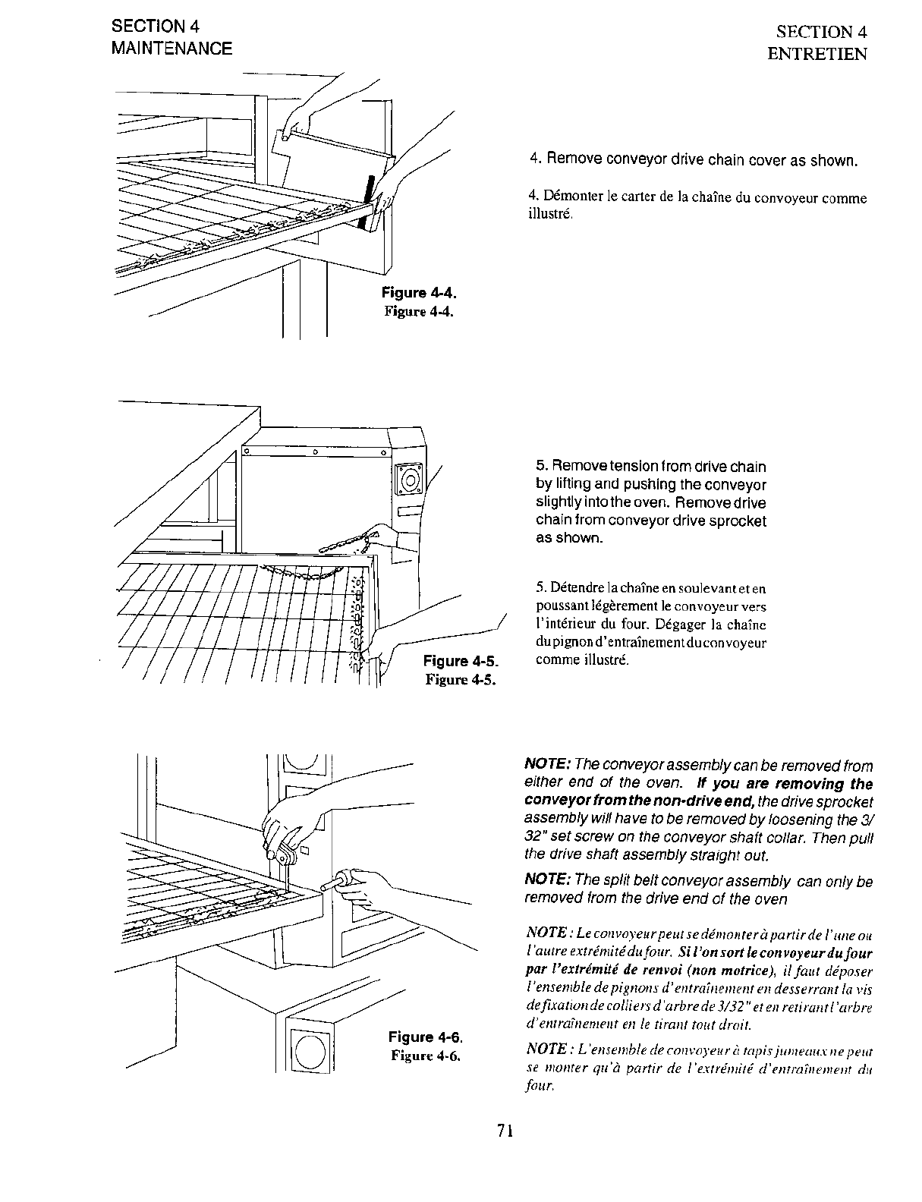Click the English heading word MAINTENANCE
(171, 49)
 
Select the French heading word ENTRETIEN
(817, 55)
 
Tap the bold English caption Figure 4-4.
(419, 293)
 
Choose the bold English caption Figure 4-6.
(425, 1037)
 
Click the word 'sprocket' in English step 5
(740, 521)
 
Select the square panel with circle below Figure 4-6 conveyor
(309, 1051)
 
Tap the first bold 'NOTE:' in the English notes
(548, 766)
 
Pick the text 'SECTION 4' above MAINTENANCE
(156, 26)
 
